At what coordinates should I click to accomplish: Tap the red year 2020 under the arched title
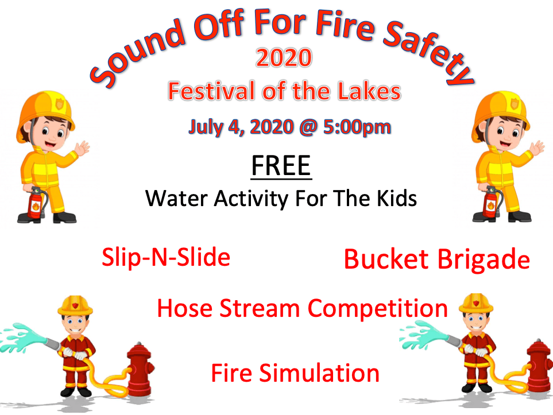tap(284, 59)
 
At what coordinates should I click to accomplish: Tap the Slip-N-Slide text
tap(166, 257)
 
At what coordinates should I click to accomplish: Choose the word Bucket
tap(387, 259)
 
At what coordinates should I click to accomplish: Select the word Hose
tap(184, 308)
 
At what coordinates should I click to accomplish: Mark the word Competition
tap(378, 309)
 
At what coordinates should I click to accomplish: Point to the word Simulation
tap(319, 373)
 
